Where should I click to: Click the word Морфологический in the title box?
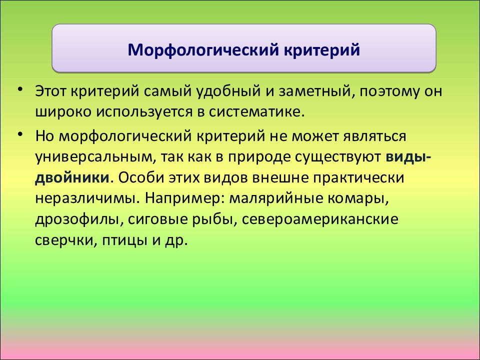(x=203, y=50)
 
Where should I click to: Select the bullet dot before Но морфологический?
(x=20, y=134)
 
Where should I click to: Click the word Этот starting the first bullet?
(x=51, y=91)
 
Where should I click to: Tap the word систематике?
(x=257, y=112)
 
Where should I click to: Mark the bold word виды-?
(x=408, y=157)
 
